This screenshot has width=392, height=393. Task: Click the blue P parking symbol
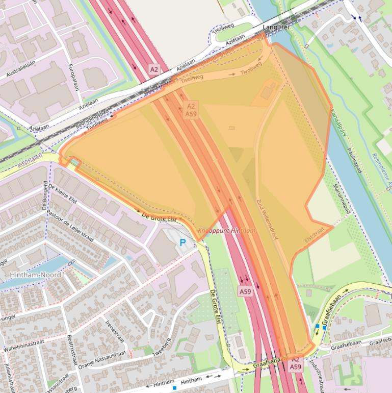click(182, 242)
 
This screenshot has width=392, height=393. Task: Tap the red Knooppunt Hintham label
click(226, 231)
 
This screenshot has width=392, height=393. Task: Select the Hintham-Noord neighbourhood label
click(35, 275)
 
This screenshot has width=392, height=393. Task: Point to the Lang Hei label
click(276, 27)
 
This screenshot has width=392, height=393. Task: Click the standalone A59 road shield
click(245, 292)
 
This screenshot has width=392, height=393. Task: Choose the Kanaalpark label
click(337, 126)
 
